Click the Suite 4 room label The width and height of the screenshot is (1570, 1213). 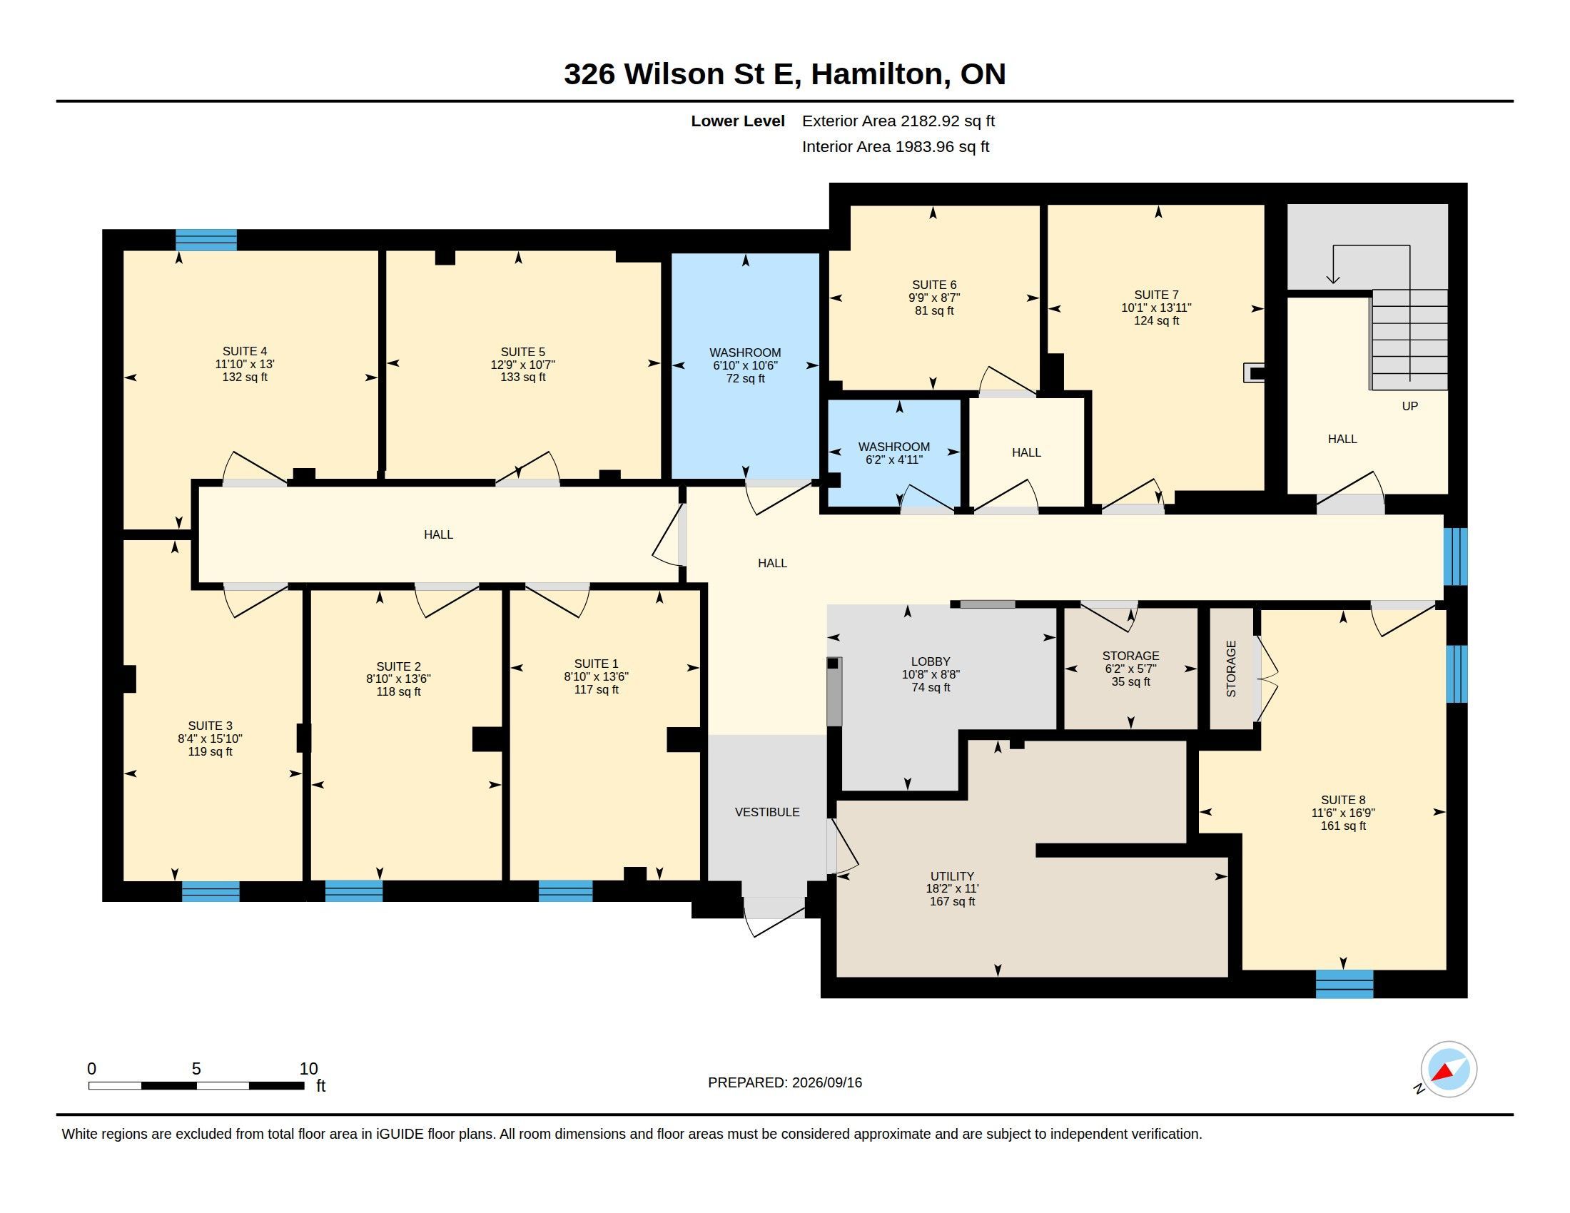click(x=244, y=351)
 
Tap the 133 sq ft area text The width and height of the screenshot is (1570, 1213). click(x=522, y=377)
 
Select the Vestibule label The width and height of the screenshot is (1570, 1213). click(x=767, y=812)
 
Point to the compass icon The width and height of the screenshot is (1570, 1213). click(x=1449, y=1069)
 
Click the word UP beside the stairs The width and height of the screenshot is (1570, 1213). click(x=1409, y=406)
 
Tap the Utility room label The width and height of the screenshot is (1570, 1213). click(x=952, y=876)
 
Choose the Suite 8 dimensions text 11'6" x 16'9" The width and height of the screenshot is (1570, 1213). click(x=1343, y=813)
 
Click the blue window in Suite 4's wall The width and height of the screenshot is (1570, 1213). click(x=206, y=239)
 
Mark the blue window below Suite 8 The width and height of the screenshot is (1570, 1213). click(x=1344, y=983)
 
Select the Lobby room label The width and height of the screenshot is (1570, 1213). click(x=930, y=662)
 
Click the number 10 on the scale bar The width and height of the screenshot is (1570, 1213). click(x=308, y=1069)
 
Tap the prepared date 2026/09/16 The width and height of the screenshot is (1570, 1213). click(x=826, y=1082)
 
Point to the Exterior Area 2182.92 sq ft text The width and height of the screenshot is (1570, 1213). click(x=898, y=121)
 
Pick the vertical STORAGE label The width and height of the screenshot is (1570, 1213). click(x=1231, y=669)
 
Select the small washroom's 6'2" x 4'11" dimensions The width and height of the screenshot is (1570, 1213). click(x=893, y=460)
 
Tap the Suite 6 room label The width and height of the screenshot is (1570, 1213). click(x=934, y=285)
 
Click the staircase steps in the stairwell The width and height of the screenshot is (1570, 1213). click(x=1409, y=340)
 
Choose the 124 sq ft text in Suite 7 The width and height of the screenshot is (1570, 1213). click(x=1156, y=320)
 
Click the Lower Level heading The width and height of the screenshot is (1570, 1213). click(x=738, y=121)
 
